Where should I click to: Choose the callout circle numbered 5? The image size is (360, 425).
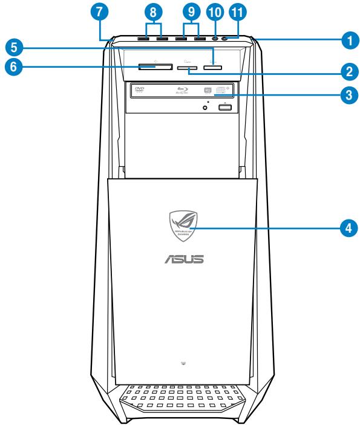tap(11, 46)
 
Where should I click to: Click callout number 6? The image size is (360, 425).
tap(11, 67)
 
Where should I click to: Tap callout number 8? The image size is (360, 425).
tap(154, 11)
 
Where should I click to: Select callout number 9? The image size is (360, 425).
tap(190, 11)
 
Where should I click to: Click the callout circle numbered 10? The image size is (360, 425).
tap(216, 11)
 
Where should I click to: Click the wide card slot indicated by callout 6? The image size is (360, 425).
tap(152, 68)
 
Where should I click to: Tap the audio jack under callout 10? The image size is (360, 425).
tap(215, 39)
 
